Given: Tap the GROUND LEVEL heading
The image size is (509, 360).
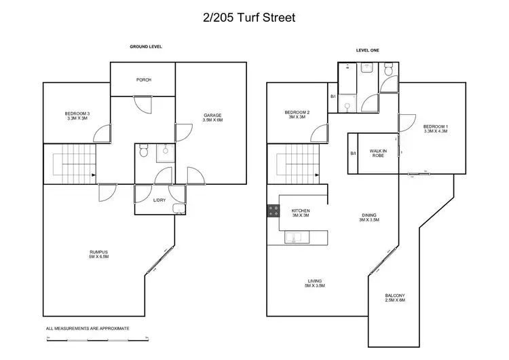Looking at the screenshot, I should [x=146, y=47].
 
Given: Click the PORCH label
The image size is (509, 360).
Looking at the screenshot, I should [x=143, y=80].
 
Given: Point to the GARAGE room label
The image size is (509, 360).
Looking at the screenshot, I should [x=212, y=117].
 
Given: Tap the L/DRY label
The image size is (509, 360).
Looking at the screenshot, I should [x=159, y=200].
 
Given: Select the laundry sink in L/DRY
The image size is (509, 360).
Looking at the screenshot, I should [x=178, y=209].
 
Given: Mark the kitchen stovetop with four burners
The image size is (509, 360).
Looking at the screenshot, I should [x=273, y=211].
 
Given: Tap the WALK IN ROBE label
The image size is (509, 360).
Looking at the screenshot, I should [x=377, y=153].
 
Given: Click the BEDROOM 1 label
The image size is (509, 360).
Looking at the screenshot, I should [x=435, y=129].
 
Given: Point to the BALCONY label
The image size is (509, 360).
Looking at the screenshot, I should [x=395, y=298].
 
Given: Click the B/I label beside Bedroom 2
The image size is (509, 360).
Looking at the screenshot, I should [x=333, y=96].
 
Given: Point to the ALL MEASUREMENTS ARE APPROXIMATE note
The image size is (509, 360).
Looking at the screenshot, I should [x=88, y=328].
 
